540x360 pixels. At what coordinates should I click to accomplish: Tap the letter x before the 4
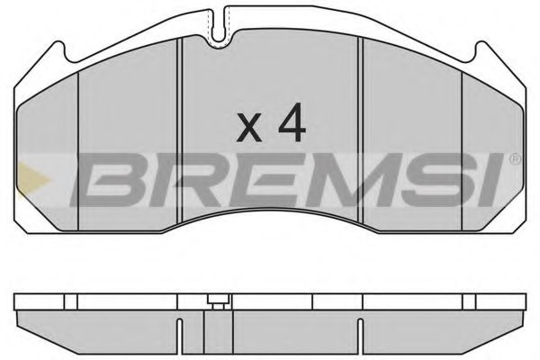point(249,130)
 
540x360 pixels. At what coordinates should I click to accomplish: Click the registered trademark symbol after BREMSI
point(515,160)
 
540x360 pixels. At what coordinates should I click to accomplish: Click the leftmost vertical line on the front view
point(79,153)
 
